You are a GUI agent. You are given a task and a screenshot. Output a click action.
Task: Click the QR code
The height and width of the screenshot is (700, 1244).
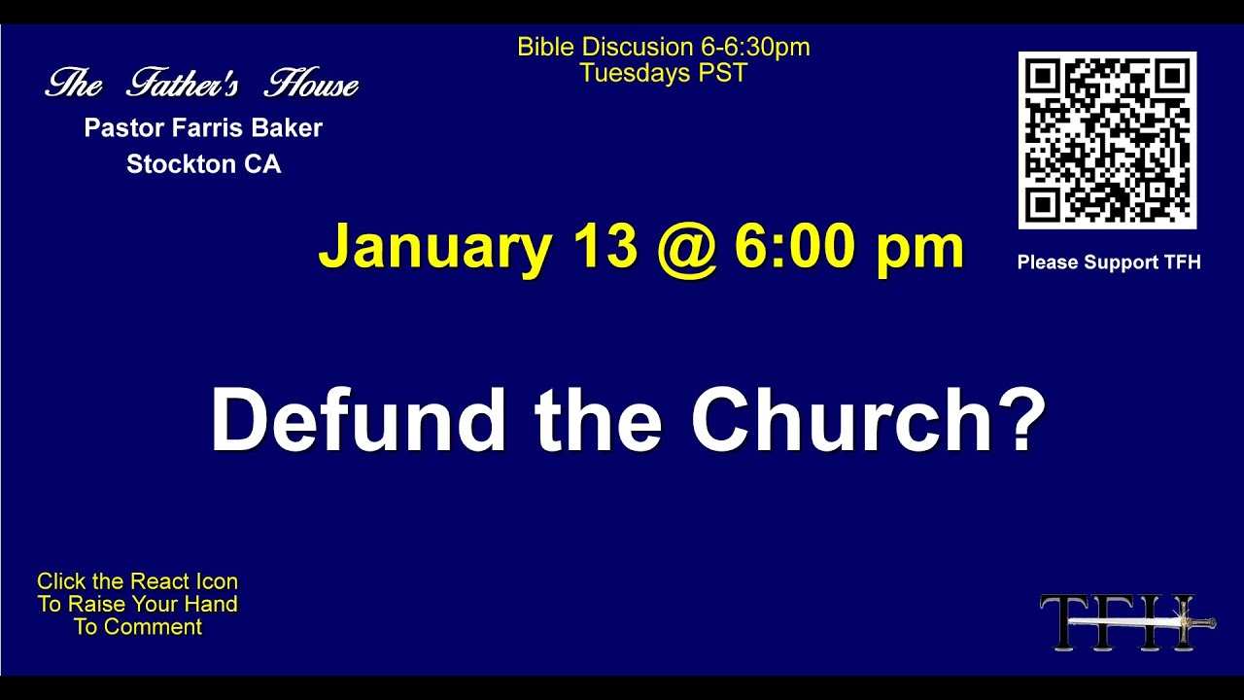tap(1107, 140)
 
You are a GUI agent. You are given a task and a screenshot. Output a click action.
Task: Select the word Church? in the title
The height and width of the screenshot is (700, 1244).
tap(868, 420)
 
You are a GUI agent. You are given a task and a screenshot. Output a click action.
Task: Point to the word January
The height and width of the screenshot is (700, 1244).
tap(434, 248)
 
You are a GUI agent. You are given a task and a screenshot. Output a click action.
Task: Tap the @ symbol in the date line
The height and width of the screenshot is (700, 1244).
tap(686, 248)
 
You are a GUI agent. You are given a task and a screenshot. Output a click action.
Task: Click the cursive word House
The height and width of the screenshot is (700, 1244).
tap(312, 85)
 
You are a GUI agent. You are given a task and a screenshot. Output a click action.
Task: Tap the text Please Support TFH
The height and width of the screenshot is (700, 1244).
tap(1109, 262)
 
